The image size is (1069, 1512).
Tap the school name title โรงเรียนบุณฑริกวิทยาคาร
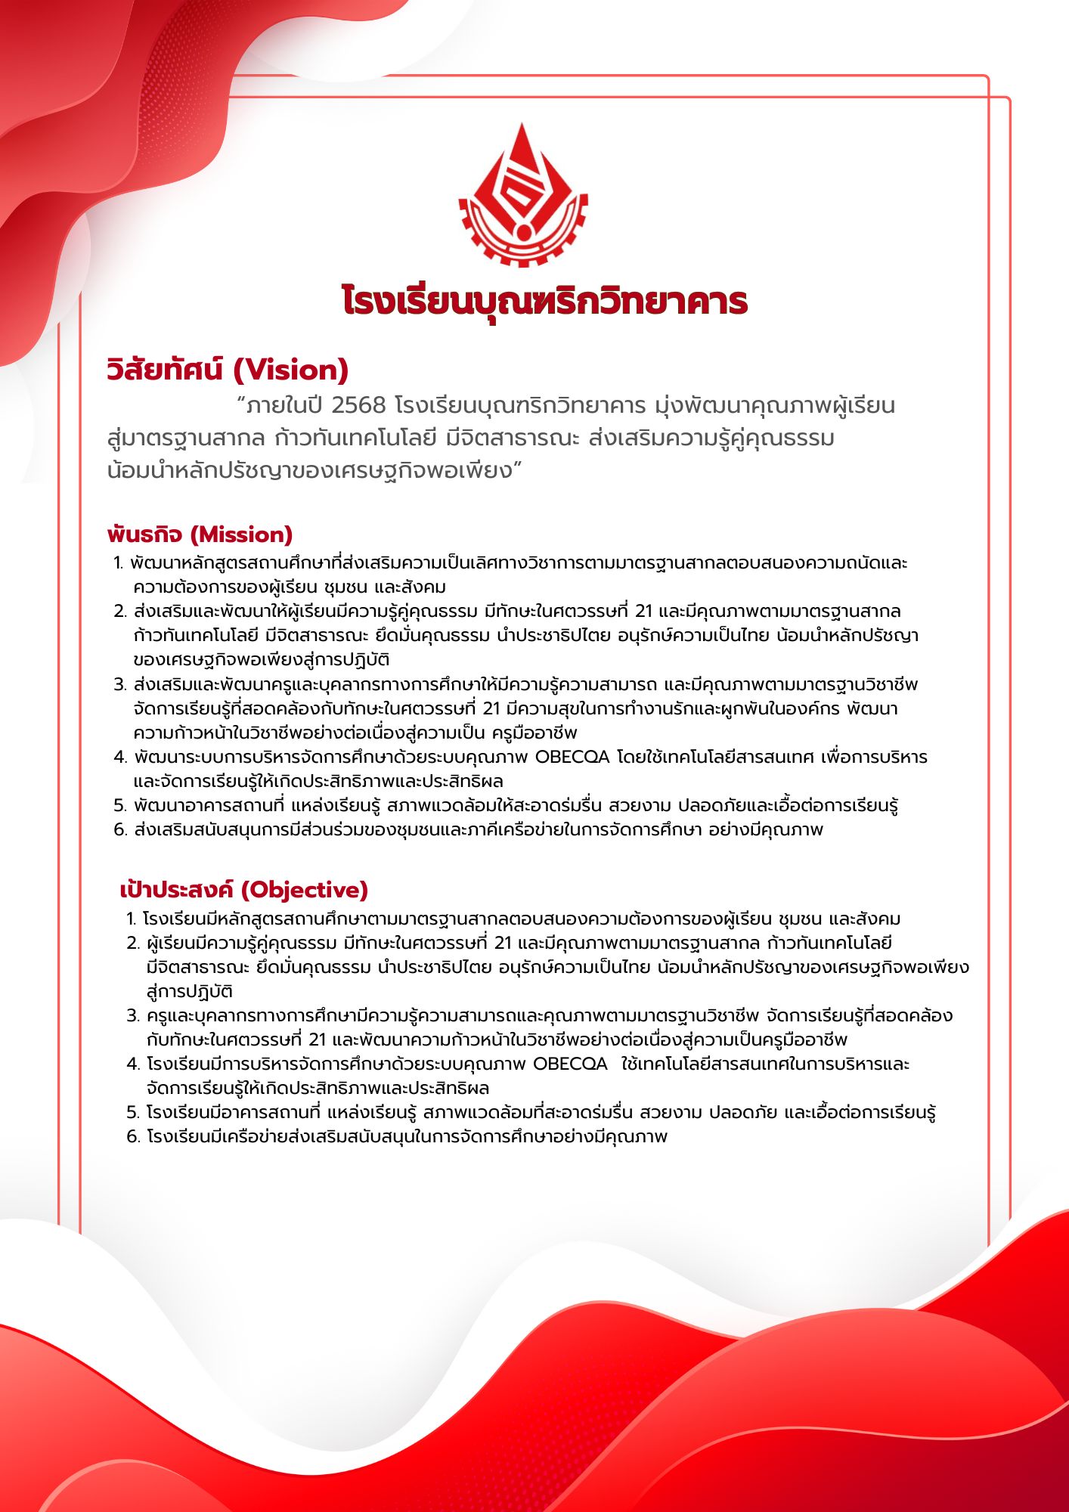544,301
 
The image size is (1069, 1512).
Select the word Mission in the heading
241,534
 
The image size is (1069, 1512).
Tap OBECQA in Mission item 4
572,757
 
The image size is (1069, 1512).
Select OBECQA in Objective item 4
570,1064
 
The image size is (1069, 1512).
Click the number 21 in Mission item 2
643,611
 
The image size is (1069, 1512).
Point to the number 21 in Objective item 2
503,943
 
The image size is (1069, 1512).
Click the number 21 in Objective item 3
318,1039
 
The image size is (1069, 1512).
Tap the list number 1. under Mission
118,563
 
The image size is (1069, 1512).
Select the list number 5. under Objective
133,1112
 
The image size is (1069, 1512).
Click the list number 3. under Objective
133,1015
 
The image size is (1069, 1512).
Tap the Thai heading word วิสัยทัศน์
165,370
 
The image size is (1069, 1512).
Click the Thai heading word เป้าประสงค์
178,890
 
